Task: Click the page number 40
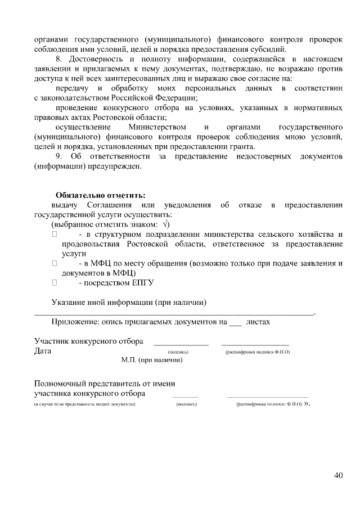tap(338, 475)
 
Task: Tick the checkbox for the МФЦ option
tap(55, 263)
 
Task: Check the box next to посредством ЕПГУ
tap(55, 282)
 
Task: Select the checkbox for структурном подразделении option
tap(55, 233)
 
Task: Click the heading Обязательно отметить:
tap(101, 195)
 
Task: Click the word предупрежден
tap(110, 166)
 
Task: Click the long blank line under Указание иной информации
tap(174, 313)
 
